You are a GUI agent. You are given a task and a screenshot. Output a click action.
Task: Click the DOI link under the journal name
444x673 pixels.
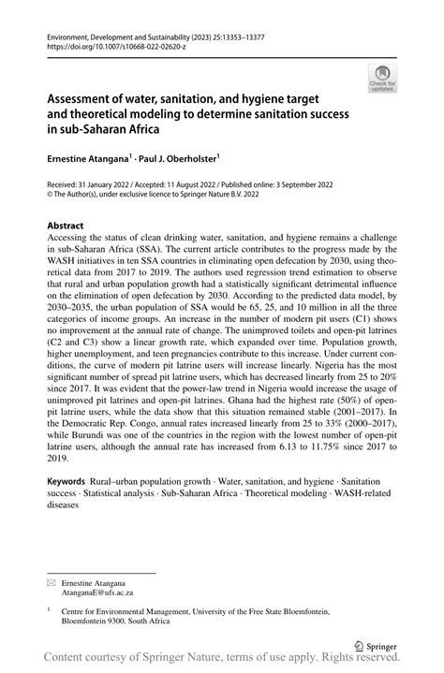[111, 44]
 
